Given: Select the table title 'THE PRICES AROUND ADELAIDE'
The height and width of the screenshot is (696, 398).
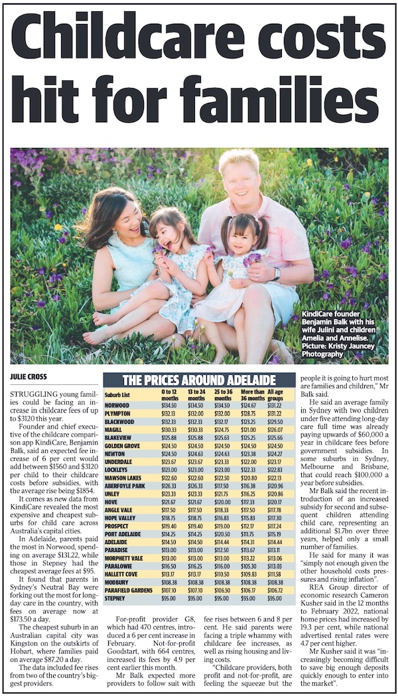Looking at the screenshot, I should coord(199,381).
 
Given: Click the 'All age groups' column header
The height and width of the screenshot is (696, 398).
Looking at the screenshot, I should coord(282,395).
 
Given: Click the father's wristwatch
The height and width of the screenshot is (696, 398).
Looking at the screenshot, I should coord(277,273).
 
